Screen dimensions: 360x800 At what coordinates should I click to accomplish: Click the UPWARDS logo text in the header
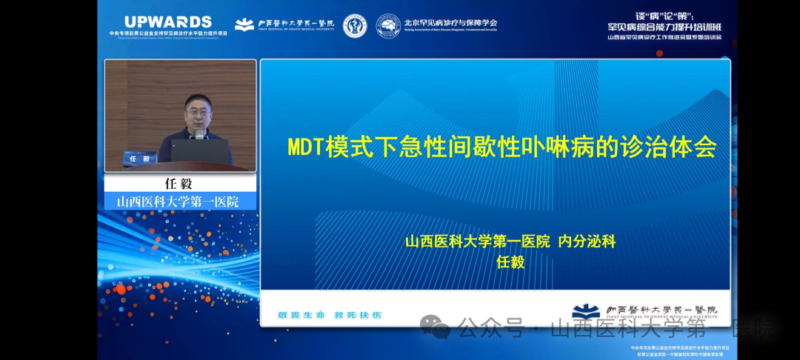[x=168, y=22]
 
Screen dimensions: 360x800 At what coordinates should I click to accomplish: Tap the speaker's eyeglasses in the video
[x=198, y=110]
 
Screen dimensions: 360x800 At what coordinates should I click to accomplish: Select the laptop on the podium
[x=199, y=151]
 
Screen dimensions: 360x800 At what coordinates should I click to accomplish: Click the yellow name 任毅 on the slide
[x=510, y=261]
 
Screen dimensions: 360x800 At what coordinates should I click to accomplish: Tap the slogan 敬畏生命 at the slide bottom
[x=301, y=315]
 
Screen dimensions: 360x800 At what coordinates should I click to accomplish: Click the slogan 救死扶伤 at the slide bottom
[x=358, y=315]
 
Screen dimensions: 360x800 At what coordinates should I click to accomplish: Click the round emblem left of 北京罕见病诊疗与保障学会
[x=388, y=25]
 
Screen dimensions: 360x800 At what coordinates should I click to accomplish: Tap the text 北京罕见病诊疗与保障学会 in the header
[x=450, y=22]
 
